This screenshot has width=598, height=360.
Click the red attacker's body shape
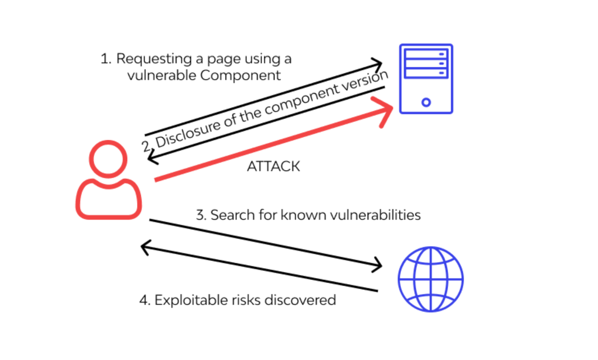108,199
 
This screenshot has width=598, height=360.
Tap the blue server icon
426,79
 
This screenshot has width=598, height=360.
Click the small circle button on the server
426,102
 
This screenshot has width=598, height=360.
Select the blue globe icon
430,279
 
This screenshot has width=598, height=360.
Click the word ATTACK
273,167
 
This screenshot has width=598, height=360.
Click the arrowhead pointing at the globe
378,264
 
